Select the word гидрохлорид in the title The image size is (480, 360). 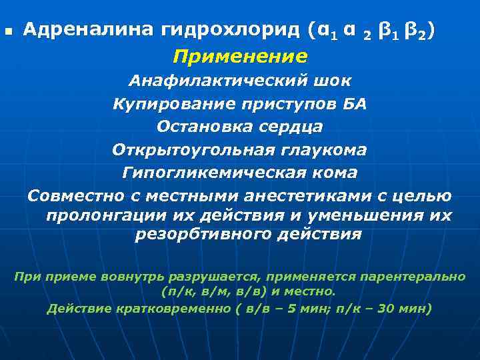point(231,30)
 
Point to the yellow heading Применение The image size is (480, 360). point(240,56)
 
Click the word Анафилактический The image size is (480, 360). point(216,81)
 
